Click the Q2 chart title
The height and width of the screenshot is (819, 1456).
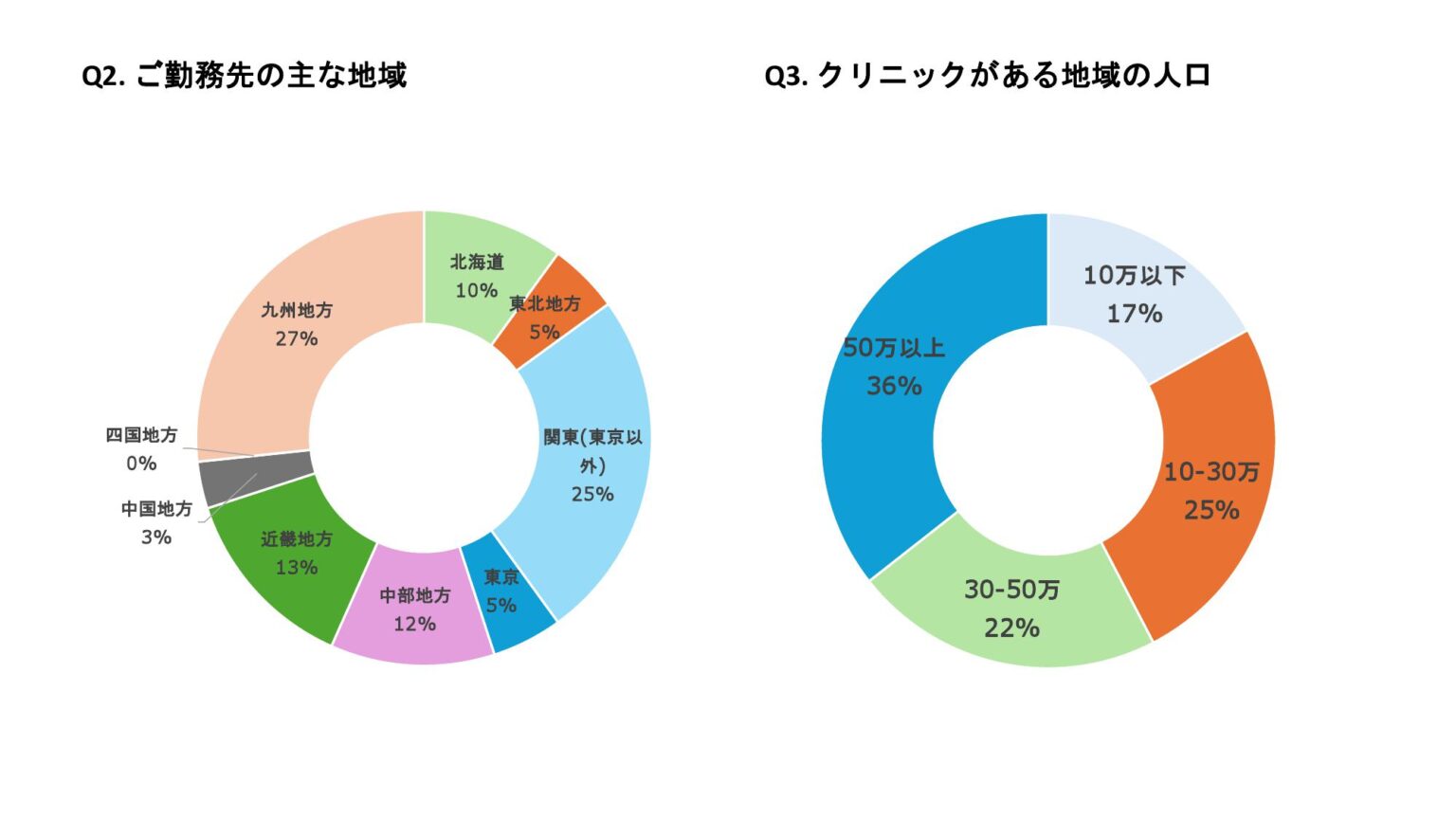tap(245, 75)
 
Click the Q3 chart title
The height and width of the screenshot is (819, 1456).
tap(987, 75)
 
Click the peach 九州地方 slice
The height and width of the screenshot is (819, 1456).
tap(284, 322)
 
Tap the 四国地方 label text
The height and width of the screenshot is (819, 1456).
tap(141, 435)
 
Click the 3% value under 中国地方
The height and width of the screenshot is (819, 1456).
tap(156, 537)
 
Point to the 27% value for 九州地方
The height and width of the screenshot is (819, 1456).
tap(297, 338)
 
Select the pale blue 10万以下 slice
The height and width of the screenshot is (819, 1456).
tap(1137, 284)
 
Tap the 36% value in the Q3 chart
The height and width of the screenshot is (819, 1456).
tap(894, 386)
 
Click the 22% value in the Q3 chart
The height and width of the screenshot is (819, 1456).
tap(1011, 628)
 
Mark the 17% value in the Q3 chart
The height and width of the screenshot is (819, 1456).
tap(1135, 314)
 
